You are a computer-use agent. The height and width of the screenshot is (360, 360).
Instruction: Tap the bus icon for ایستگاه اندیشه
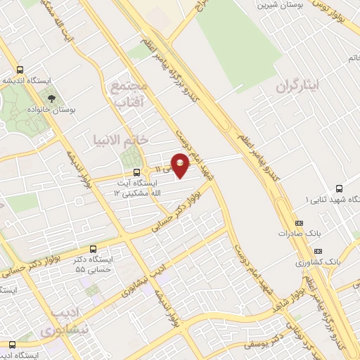19,70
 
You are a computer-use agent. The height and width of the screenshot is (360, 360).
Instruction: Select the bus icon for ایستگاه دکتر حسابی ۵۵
94,248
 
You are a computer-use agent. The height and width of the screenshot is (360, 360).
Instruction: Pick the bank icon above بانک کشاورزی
319,250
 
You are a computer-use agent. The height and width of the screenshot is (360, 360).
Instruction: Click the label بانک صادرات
294,233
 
